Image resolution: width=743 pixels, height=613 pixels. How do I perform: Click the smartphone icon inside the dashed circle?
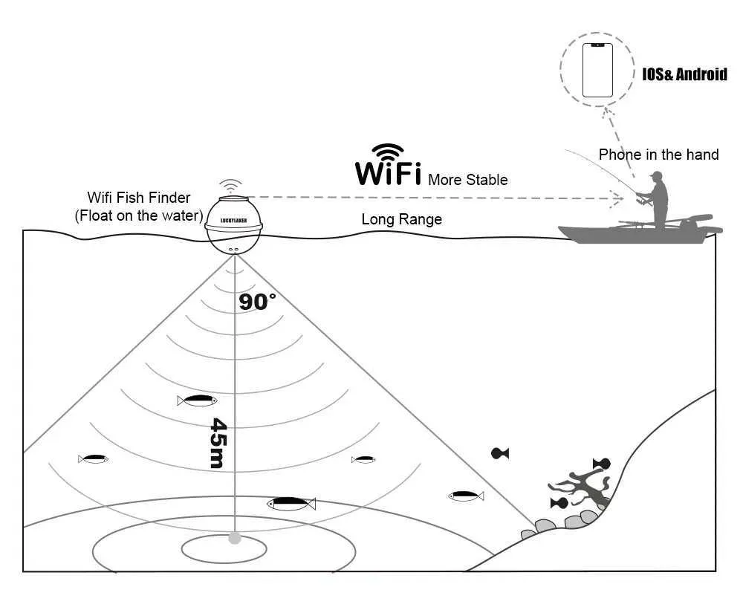click(x=597, y=70)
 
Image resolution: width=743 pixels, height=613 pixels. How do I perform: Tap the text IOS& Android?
click(x=684, y=74)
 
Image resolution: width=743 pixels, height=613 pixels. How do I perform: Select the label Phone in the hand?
click(x=658, y=155)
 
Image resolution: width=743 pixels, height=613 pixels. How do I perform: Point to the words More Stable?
click(x=467, y=180)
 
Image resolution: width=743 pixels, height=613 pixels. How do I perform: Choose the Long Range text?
click(x=401, y=219)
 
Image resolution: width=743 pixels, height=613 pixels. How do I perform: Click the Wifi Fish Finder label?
click(x=139, y=198)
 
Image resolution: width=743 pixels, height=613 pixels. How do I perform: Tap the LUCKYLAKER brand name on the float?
click(x=233, y=221)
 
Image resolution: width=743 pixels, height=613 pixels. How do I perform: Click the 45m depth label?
click(x=218, y=443)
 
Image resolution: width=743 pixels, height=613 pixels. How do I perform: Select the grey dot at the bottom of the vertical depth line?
click(x=235, y=538)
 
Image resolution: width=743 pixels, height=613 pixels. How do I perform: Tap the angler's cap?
click(x=656, y=175)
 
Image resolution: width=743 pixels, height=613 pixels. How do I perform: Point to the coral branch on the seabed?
click(x=580, y=488)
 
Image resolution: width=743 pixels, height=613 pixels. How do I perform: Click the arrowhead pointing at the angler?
click(x=617, y=198)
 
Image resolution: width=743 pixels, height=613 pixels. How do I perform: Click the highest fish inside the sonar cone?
click(x=197, y=400)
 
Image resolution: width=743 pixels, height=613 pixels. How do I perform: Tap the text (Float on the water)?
click(x=139, y=215)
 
